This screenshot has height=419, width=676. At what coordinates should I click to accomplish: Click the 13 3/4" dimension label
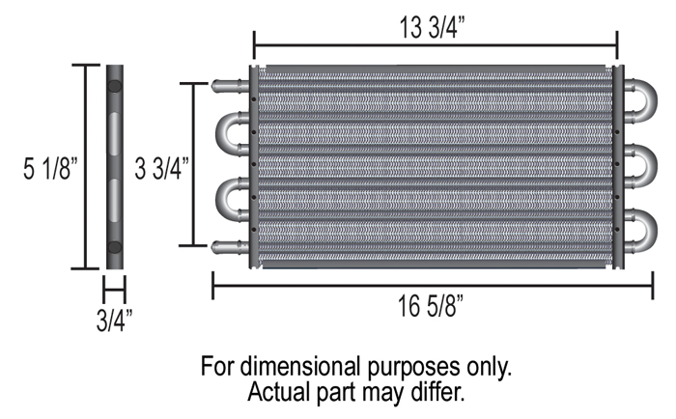433,28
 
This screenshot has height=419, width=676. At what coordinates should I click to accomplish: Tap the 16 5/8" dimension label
430,306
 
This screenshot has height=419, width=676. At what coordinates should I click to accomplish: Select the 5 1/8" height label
50,168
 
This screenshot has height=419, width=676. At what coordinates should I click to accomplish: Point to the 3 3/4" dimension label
161,168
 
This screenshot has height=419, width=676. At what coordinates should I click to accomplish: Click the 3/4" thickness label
114,321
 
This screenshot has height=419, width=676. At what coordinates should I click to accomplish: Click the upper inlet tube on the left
230,85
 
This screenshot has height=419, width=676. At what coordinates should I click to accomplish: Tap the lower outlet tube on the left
230,247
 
